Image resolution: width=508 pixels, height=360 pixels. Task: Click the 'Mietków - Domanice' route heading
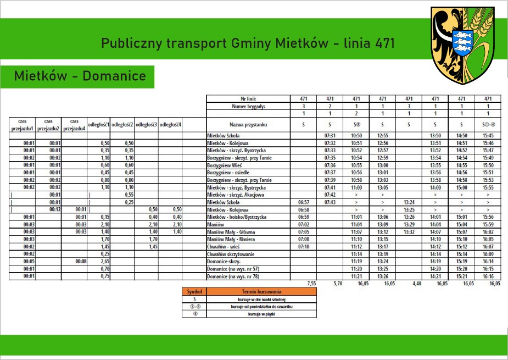pos(80,76)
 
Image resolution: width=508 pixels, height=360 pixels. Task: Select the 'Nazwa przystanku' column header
pos(248,125)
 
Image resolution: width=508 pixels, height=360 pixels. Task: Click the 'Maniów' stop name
pos(215,225)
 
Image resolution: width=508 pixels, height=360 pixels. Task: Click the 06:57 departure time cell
pos(303,202)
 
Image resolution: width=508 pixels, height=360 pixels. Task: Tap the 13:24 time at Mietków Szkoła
pos(409,202)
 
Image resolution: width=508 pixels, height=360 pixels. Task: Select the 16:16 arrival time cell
pos(488,276)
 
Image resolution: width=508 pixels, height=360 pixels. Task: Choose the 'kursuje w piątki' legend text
pos(261,314)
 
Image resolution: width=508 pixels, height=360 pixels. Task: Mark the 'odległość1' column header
pos(99,125)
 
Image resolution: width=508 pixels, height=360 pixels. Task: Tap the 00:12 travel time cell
pos(54,209)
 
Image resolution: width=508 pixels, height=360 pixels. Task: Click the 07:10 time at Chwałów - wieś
pos(303,247)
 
